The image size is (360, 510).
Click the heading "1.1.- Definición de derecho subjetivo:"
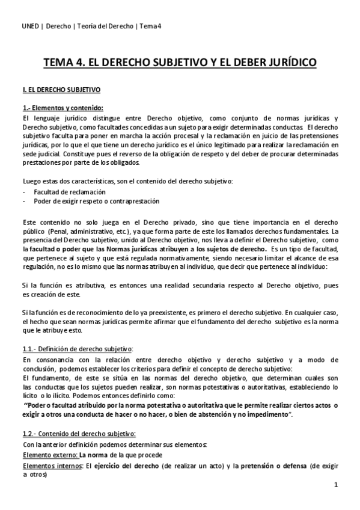tap(77, 349)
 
